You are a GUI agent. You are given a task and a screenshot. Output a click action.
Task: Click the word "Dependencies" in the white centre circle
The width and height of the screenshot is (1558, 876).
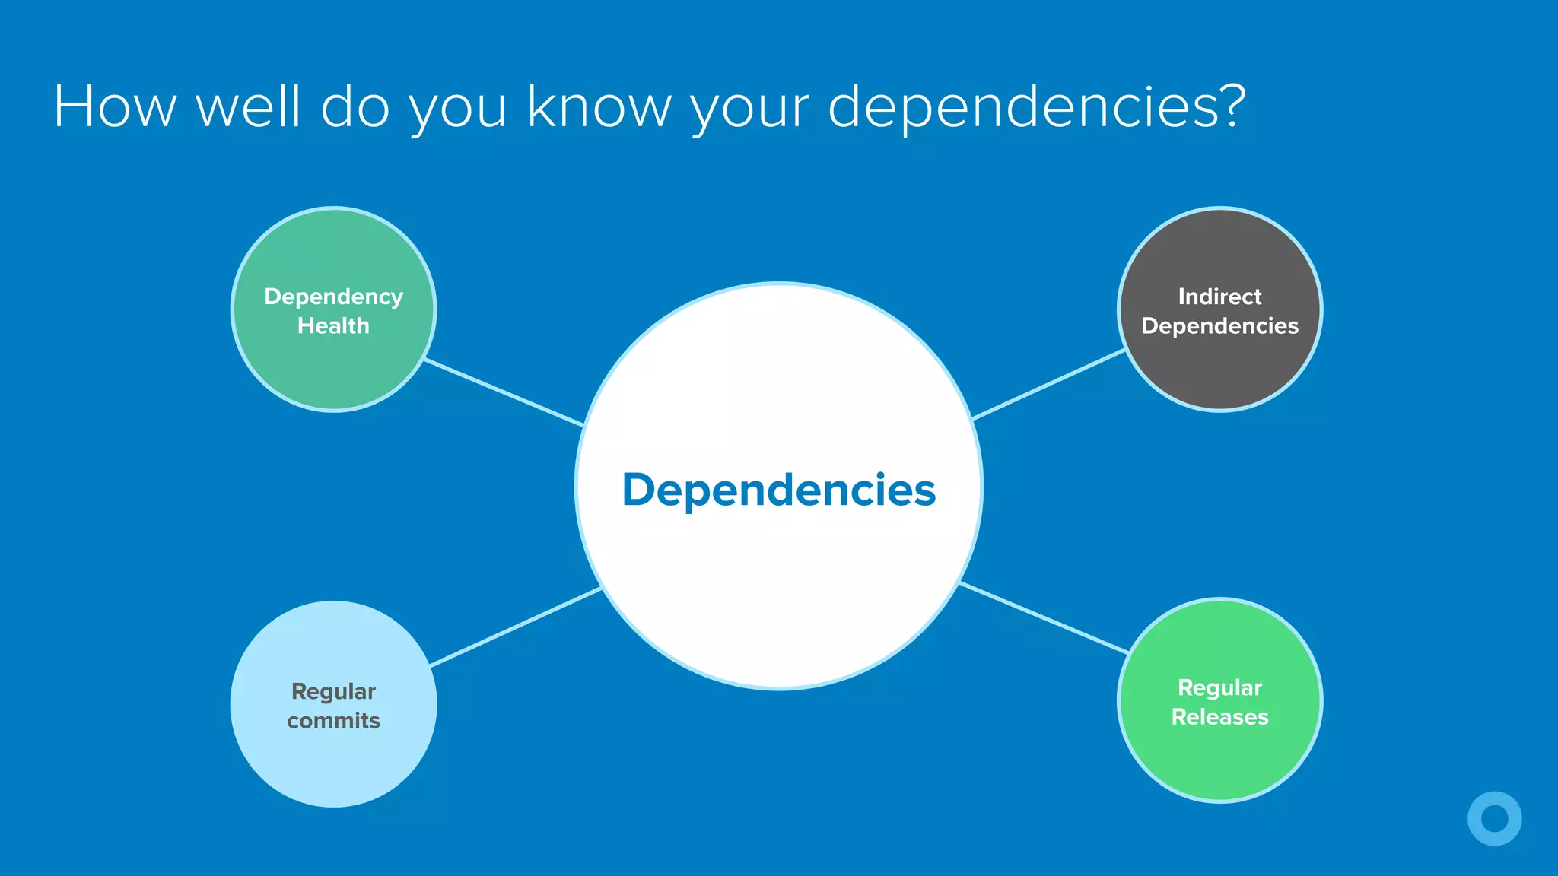[778, 490]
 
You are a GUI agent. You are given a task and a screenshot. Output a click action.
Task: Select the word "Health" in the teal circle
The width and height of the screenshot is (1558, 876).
[333, 325]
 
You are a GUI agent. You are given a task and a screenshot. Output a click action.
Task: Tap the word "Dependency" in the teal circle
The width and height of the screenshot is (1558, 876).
[333, 297]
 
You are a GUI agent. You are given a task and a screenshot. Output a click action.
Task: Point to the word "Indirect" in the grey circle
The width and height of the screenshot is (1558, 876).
[1219, 296]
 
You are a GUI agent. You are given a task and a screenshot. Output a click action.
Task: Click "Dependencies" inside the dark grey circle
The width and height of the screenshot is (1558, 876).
[1219, 325]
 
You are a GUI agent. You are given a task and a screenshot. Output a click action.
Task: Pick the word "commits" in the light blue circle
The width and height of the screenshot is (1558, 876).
[333, 720]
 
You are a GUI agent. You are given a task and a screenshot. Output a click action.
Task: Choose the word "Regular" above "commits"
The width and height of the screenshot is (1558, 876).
[333, 691]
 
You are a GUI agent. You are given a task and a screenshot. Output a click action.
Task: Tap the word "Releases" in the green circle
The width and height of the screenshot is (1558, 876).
[1219, 716]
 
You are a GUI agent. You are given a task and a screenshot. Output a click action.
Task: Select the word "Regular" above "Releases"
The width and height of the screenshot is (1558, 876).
[1219, 687]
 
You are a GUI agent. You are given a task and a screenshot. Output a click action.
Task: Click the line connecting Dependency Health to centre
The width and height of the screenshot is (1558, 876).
[504, 392]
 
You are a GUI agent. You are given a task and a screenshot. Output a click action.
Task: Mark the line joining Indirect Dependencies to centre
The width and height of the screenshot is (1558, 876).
[1049, 384]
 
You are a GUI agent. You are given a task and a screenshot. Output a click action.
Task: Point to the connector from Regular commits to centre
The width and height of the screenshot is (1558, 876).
[516, 627]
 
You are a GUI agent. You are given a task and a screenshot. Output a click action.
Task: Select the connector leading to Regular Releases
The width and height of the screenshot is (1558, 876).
[1044, 617]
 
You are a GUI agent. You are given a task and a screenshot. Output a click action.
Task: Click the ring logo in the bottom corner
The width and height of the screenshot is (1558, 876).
[1494, 818]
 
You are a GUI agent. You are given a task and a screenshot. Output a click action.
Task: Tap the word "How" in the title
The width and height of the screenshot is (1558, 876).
[115, 106]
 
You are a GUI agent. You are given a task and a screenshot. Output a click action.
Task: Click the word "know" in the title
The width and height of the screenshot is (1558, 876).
[599, 106]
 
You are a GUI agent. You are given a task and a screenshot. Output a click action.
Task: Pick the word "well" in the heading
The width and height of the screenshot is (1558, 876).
[249, 106]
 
